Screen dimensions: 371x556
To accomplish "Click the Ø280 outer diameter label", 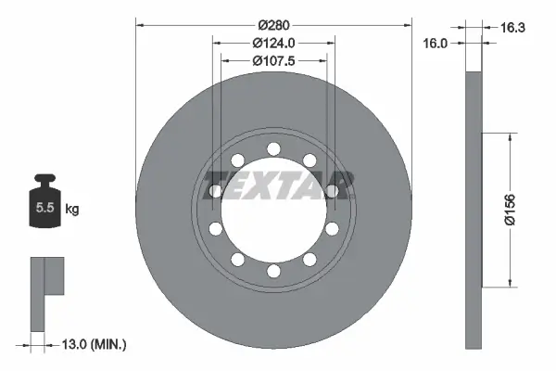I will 273,23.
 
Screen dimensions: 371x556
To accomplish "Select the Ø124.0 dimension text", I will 273,43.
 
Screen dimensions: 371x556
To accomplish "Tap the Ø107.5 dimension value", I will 273,61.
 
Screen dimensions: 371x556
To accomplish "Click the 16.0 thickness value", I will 435,43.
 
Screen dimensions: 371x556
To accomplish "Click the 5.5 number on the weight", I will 44,210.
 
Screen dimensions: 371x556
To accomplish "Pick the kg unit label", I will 72,210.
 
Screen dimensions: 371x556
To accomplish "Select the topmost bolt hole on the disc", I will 272,148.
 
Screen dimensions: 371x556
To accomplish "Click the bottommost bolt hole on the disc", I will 272,271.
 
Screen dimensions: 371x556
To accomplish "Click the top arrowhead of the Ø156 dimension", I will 509,136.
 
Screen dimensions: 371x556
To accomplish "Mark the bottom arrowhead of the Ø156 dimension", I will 509,283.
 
